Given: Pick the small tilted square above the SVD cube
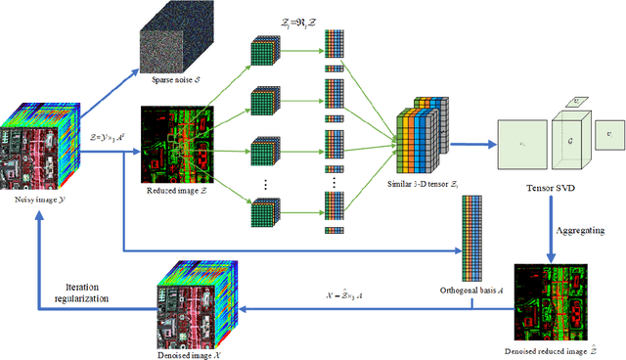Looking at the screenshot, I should click(581, 100).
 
